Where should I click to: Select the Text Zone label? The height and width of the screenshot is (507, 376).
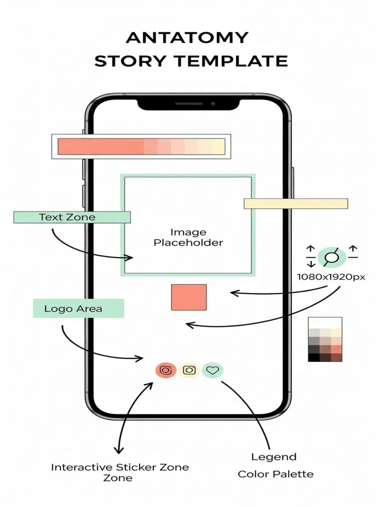coord(67,217)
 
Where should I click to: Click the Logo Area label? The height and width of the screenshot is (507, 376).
coord(73,308)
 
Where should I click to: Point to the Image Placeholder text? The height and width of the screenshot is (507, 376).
coord(188,238)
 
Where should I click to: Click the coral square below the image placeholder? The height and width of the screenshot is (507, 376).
coord(188,297)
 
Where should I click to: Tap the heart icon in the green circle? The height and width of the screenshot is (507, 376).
coord(212,370)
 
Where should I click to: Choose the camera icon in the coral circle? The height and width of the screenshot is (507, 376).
coord(166,370)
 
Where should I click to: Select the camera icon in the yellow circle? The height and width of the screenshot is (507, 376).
coord(189,370)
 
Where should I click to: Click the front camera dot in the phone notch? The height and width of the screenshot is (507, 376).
coord(212,104)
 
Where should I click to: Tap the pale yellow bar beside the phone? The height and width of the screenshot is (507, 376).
coord(296,203)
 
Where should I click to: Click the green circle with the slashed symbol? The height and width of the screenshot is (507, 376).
coord(328,256)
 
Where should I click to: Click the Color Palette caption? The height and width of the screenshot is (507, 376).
coord(275,474)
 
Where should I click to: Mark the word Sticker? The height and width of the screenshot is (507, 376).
coord(135,467)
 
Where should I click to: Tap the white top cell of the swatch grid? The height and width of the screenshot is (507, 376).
coord(325,322)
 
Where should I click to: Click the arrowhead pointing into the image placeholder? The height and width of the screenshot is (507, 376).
coord(131,257)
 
